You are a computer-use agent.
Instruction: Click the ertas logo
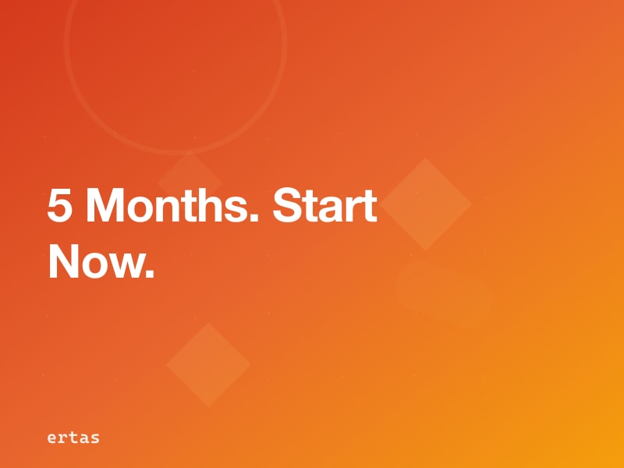pyautogui.click(x=73, y=438)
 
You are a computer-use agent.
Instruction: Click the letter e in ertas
pyautogui.click(x=51, y=438)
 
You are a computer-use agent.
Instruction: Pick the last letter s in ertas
pyautogui.click(x=95, y=438)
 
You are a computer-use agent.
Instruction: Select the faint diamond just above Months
pyautogui.click(x=190, y=175)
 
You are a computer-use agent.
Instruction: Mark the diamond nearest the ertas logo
pyautogui.click(x=208, y=364)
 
